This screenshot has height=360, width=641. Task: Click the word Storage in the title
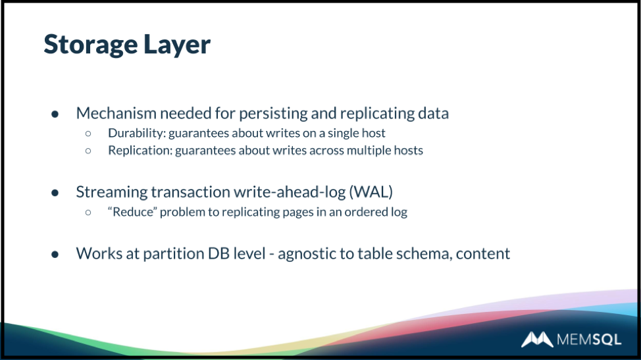[x=90, y=45]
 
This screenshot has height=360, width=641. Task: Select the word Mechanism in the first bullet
[x=116, y=113]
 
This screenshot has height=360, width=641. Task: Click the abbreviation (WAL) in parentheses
[x=371, y=192]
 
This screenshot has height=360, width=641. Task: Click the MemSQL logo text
[x=589, y=340]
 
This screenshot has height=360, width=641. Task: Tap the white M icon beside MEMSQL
[x=537, y=340]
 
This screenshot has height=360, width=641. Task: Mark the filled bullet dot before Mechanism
[x=55, y=114]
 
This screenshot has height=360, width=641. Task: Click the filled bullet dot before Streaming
[x=55, y=192]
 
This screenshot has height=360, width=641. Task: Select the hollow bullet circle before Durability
[x=88, y=134]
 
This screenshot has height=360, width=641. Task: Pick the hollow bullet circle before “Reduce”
[x=88, y=212]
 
